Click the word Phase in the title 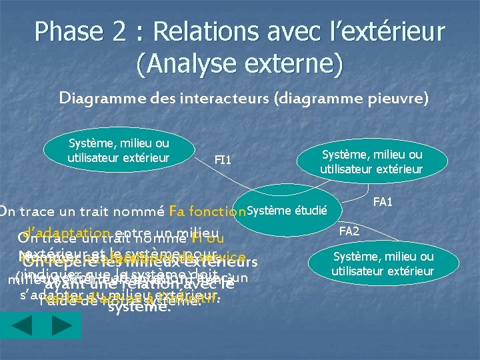click(68, 31)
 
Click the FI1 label click(223, 160)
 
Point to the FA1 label click(383, 201)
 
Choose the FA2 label click(349, 231)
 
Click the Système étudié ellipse click(288, 211)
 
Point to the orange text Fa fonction click(207, 212)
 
